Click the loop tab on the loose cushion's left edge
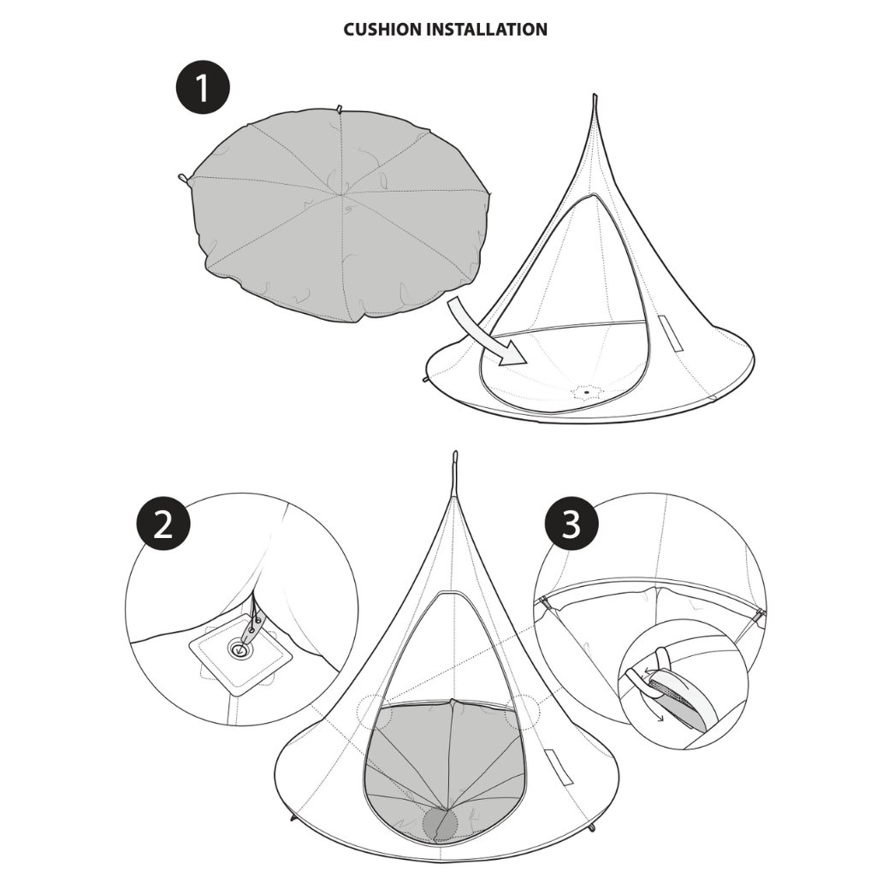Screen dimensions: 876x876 [x=183, y=178]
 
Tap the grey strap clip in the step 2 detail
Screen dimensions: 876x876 [x=252, y=630]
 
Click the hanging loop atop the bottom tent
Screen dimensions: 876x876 [x=455, y=467]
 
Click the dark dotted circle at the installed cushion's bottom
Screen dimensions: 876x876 [x=441, y=822]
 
